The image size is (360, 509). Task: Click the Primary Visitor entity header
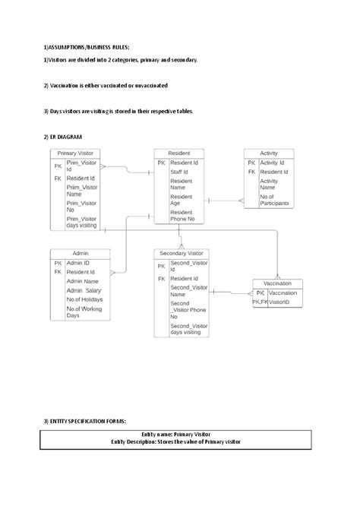[80, 152]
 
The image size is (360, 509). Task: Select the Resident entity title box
[178, 152]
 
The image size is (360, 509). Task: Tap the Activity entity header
[268, 152]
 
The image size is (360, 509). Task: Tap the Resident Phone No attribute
[182, 216]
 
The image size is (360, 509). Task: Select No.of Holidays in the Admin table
[84, 299]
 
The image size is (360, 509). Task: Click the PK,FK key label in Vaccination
[260, 302]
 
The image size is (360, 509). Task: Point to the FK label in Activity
[251, 172]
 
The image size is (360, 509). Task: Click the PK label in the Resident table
[161, 163]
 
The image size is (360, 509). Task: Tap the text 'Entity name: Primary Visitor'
[180, 433]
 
